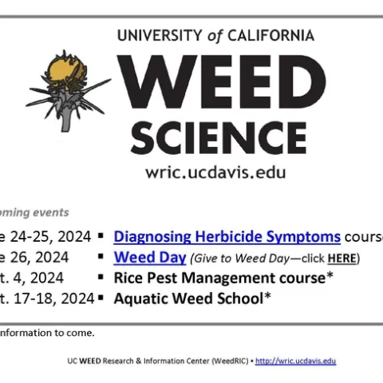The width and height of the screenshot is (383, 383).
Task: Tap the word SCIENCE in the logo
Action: pos(216,138)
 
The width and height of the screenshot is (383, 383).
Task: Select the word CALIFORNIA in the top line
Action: pos(271,36)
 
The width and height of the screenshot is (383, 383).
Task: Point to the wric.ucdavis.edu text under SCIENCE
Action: pos(215,172)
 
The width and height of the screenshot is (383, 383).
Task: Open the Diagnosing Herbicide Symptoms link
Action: pos(227,236)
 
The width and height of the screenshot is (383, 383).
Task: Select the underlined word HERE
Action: pos(342,258)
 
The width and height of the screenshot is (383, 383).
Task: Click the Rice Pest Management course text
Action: pos(223,278)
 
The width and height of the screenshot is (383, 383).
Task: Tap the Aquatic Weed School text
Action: pos(192,298)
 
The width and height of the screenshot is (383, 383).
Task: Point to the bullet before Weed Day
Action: pos(101,257)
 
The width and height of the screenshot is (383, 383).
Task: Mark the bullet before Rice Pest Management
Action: pos(101,278)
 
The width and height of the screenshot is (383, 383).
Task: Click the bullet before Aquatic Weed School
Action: pos(101,298)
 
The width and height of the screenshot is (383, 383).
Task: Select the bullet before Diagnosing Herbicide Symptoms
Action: pos(101,236)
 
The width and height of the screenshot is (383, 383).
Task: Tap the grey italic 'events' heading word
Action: pos(51,212)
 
